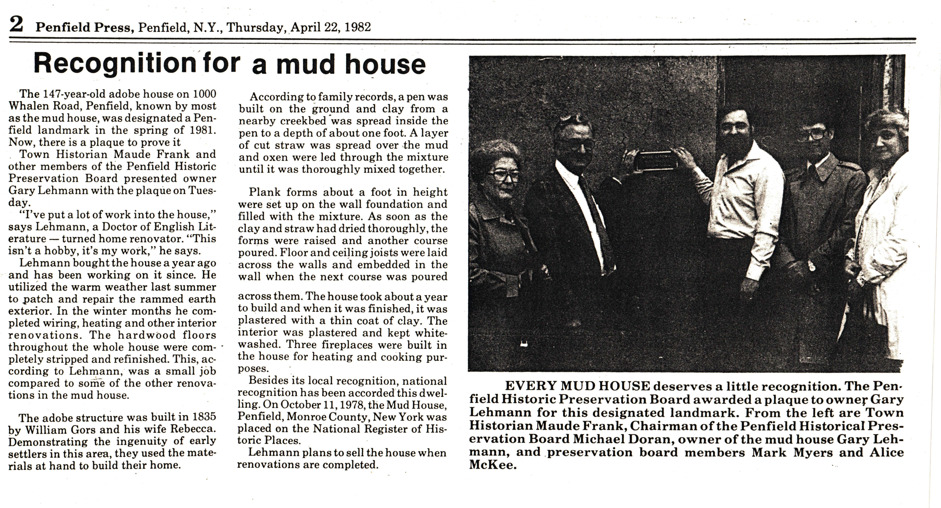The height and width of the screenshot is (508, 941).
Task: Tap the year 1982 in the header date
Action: (x=358, y=27)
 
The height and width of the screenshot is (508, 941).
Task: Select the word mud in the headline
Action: (x=306, y=65)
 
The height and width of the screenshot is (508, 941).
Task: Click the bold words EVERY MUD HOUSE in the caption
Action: (x=577, y=386)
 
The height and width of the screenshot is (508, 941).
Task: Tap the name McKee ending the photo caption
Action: (x=493, y=466)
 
